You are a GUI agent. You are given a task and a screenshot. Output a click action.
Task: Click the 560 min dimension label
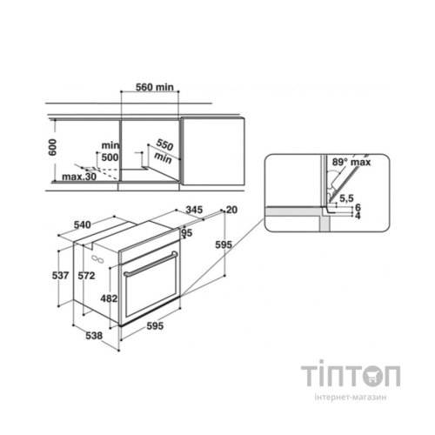[155, 87]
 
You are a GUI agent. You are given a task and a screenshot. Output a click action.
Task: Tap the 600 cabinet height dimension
[52, 147]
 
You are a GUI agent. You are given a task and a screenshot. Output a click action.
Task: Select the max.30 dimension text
[79, 177]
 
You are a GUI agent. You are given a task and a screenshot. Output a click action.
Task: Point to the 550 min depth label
[164, 151]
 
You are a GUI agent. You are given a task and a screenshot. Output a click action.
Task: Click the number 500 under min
[110, 157]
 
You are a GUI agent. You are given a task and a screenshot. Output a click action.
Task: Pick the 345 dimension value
[194, 210]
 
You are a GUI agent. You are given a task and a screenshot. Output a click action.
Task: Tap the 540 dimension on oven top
[83, 224]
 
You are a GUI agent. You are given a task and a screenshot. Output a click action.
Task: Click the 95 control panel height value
[187, 232]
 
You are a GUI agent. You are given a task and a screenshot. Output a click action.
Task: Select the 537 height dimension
[60, 275]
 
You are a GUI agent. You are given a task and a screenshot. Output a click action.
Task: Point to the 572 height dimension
[86, 275]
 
